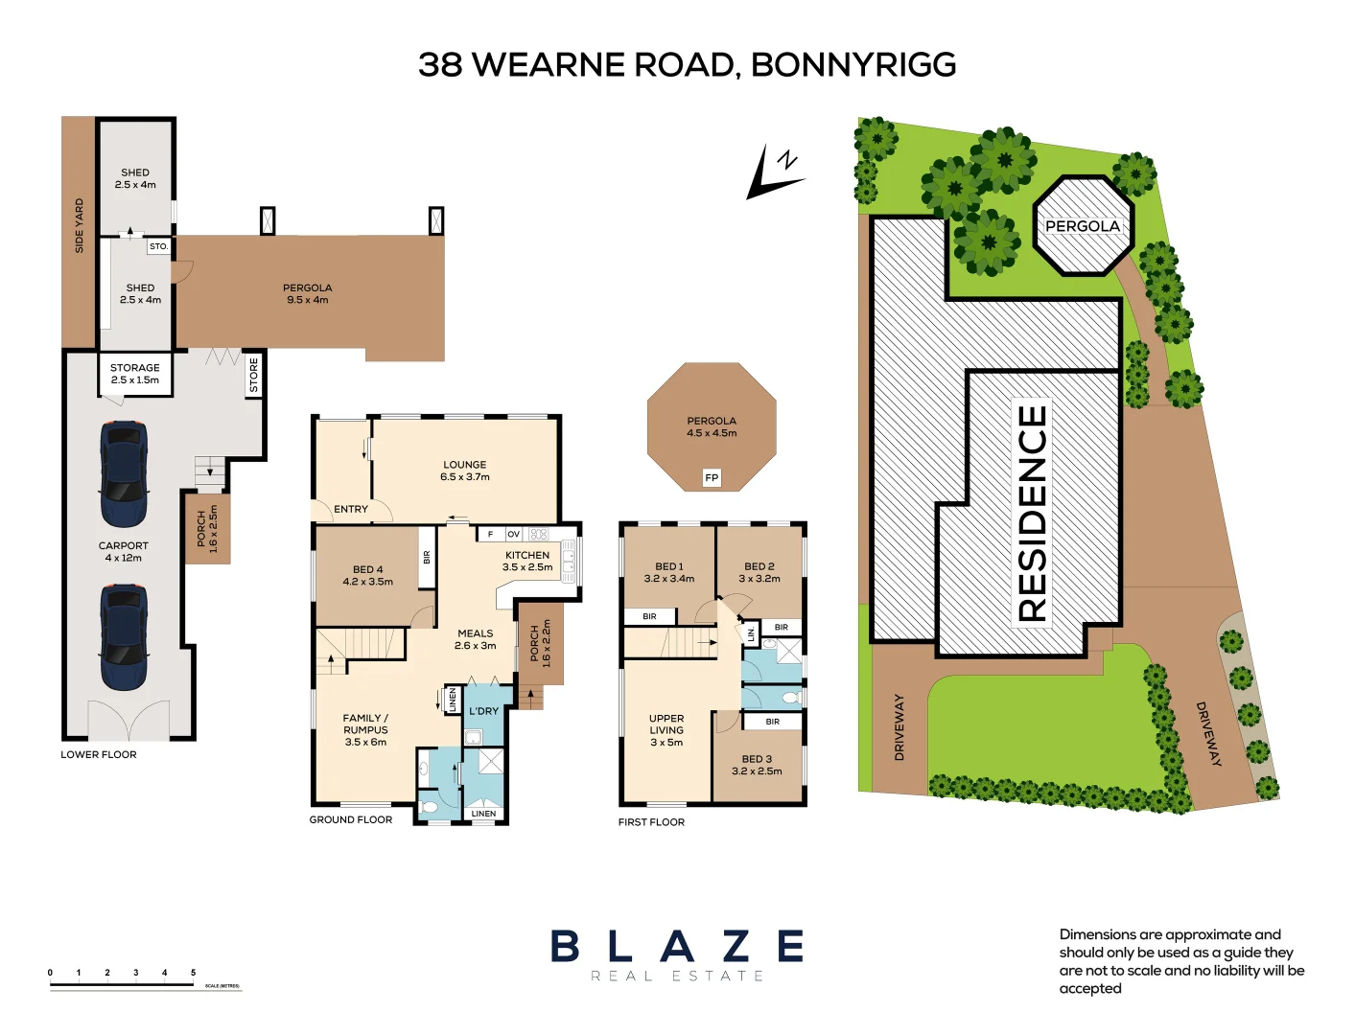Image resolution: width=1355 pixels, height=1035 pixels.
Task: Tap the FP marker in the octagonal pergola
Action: pyautogui.click(x=711, y=477)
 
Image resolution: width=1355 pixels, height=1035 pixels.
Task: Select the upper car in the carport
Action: pyautogui.click(x=124, y=473)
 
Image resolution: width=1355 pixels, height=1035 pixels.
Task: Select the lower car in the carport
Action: pyautogui.click(x=124, y=638)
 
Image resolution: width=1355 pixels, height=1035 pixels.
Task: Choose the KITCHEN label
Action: pyautogui.click(x=527, y=555)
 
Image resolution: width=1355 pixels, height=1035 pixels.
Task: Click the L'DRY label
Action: pyautogui.click(x=483, y=711)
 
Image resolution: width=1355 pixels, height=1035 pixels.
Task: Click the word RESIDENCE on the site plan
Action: pyautogui.click(x=1032, y=513)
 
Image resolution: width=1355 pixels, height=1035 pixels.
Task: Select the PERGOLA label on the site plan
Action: pyautogui.click(x=1082, y=226)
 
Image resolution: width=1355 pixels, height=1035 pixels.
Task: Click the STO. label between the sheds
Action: pyautogui.click(x=158, y=246)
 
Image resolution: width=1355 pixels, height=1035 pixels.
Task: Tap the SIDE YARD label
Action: pyautogui.click(x=80, y=226)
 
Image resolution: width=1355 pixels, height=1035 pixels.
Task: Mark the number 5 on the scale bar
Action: pyautogui.click(x=193, y=973)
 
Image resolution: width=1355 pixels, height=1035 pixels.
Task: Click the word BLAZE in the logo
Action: pyautogui.click(x=677, y=947)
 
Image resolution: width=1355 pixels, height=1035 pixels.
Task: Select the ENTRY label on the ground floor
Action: pyautogui.click(x=351, y=509)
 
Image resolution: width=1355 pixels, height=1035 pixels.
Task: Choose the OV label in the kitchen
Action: pyautogui.click(x=513, y=535)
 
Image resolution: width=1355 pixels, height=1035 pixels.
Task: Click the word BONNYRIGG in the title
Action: pyautogui.click(x=853, y=65)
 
